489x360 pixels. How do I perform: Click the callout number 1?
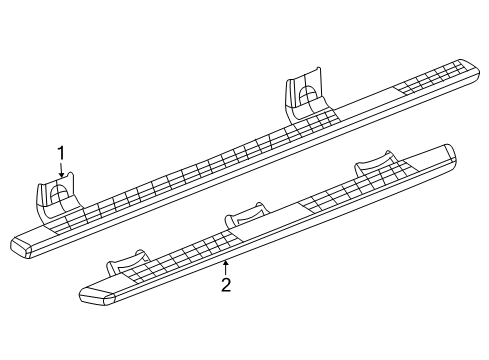tap(61, 153)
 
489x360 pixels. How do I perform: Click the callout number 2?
tap(226, 285)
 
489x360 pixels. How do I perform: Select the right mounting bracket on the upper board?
tap(307, 95)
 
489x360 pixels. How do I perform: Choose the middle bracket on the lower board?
tap(245, 213)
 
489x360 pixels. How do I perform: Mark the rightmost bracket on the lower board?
tap(374, 166)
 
